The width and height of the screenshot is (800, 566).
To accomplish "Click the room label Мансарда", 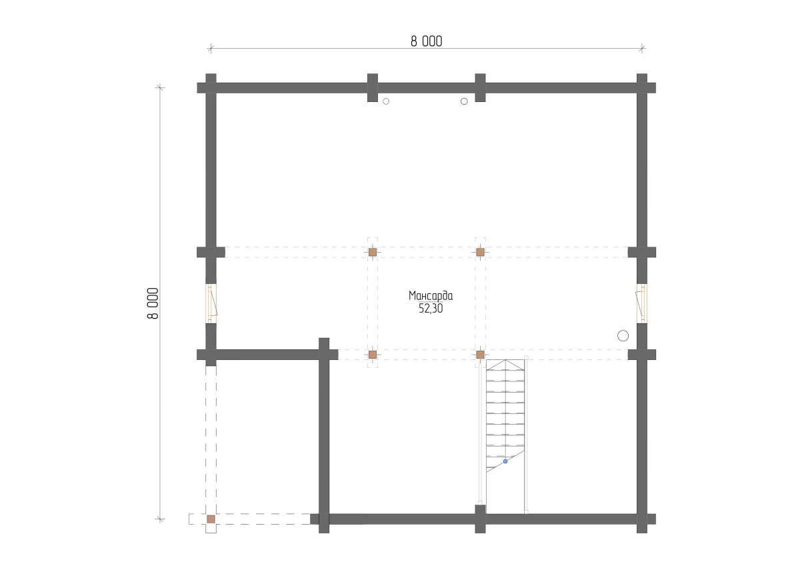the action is (x=431, y=296).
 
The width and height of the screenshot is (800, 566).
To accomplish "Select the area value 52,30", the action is (x=431, y=309).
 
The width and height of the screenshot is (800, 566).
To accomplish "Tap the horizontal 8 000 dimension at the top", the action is (x=426, y=41).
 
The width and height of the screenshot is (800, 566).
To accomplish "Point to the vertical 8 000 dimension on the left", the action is (x=153, y=303).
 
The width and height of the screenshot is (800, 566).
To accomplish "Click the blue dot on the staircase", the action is (x=505, y=461).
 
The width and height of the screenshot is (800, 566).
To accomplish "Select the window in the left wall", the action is (x=211, y=303).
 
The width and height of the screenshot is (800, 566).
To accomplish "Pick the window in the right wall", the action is (x=641, y=303).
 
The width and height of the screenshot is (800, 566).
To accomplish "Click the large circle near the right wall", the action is (x=623, y=336).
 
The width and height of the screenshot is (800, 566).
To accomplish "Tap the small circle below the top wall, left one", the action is (x=386, y=101).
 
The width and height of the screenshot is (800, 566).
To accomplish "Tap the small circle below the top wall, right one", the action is (x=464, y=101).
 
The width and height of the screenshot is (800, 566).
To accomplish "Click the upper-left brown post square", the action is (x=373, y=252).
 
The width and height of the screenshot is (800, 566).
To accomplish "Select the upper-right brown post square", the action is (x=481, y=252).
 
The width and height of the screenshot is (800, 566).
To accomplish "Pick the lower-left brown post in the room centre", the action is (x=373, y=355).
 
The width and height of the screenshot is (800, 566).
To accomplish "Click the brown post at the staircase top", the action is (x=481, y=355).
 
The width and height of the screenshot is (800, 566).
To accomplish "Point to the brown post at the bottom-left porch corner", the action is (x=211, y=519).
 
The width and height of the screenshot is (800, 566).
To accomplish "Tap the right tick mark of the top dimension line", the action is (x=642, y=48).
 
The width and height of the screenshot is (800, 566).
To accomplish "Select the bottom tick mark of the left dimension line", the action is (x=160, y=519).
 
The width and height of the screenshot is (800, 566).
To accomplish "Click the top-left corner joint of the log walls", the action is (x=211, y=88).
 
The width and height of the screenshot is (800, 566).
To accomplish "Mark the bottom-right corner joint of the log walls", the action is (x=642, y=519).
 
